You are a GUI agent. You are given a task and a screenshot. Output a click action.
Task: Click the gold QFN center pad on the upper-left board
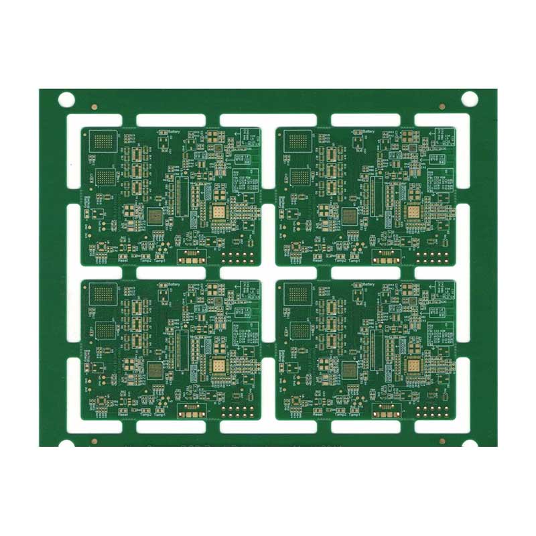tap(218, 213)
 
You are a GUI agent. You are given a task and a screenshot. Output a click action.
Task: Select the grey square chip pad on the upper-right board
tap(349, 216)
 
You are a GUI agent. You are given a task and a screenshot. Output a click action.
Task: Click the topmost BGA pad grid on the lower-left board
tap(106, 293)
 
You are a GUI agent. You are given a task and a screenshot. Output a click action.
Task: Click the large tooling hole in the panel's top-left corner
tap(66, 100)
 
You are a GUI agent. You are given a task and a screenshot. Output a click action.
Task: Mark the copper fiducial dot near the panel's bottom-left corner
tap(94, 441)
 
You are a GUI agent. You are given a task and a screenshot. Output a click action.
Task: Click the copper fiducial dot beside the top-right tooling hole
tap(442, 105)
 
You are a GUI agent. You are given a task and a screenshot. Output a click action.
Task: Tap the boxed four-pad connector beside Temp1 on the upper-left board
tap(190, 255)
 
